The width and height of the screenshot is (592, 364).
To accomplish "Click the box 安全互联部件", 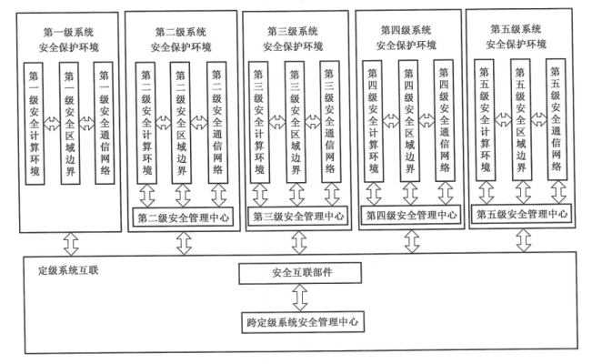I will pos(296,272).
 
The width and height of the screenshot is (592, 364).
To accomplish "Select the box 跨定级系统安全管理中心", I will pos(296,322).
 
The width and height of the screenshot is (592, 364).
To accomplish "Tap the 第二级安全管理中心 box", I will pos(183,217).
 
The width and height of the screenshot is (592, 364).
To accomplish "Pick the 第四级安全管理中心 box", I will pos(410,216).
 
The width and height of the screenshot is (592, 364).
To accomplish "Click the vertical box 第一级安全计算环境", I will pos(35,122).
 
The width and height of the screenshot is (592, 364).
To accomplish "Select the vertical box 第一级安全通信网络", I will pos(105,122).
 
